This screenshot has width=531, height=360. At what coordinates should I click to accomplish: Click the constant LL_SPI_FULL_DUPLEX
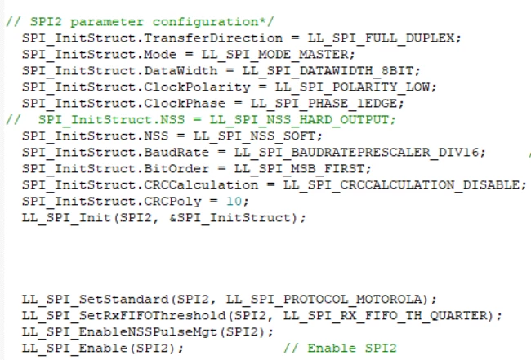(x=381, y=38)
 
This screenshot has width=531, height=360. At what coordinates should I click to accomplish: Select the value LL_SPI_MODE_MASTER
(x=275, y=55)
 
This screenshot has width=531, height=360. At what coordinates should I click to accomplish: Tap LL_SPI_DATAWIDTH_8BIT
(x=328, y=71)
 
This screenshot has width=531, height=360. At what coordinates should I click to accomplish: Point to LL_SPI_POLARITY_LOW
(x=352, y=87)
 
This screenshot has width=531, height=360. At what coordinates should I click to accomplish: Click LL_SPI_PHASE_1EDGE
(x=324, y=103)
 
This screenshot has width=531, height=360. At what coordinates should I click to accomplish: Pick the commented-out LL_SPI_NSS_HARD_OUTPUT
(x=299, y=119)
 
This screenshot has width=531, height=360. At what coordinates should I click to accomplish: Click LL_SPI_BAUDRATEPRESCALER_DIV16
(x=356, y=153)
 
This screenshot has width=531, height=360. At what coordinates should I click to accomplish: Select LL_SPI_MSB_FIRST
(x=299, y=168)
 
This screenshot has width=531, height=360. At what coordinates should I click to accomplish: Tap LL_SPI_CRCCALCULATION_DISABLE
(x=401, y=184)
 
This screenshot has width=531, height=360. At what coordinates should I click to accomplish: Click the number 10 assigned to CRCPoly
(x=234, y=202)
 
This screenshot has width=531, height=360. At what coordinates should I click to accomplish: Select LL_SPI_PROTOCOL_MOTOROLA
(x=324, y=300)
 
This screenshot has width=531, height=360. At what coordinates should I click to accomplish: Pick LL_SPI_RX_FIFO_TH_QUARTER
(x=385, y=316)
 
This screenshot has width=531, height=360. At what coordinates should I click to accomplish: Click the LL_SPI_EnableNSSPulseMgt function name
(x=119, y=332)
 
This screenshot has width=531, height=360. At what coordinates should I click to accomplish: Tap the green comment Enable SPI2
(x=352, y=348)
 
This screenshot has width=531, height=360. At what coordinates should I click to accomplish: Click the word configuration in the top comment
(x=205, y=22)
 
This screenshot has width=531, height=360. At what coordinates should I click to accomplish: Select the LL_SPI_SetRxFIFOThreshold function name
(x=123, y=316)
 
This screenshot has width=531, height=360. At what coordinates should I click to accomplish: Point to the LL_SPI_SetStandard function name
(x=95, y=300)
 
